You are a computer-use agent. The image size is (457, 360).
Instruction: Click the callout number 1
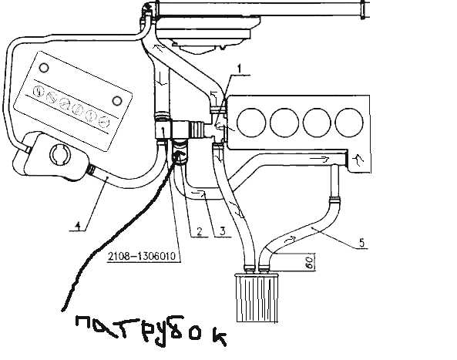[x=239, y=69]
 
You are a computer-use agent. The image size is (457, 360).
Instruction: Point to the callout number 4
[x=78, y=225]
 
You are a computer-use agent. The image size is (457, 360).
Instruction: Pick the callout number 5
[x=361, y=243]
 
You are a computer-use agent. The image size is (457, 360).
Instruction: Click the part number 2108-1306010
[x=142, y=256]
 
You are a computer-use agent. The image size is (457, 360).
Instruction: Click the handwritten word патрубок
[x=151, y=331]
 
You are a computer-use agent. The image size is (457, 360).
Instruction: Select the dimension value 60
[x=310, y=262]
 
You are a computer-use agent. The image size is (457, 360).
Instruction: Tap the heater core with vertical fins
[x=257, y=298]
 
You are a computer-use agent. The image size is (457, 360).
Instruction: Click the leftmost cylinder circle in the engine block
[x=251, y=123]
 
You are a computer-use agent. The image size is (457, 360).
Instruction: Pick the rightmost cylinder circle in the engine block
[x=349, y=123]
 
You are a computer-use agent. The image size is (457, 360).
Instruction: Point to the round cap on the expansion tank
[x=60, y=154]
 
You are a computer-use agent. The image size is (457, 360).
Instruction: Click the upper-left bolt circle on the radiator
[x=44, y=68]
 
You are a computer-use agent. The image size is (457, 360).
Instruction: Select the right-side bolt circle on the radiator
[x=117, y=101]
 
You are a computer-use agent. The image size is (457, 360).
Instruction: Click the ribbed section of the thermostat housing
[x=197, y=130]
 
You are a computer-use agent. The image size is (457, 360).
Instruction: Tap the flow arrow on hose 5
[x=291, y=239]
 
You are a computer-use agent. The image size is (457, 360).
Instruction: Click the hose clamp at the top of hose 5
[x=335, y=200]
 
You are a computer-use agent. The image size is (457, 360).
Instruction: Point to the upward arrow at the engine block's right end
[x=358, y=160]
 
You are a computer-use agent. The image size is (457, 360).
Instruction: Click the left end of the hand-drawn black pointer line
[x=62, y=310]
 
